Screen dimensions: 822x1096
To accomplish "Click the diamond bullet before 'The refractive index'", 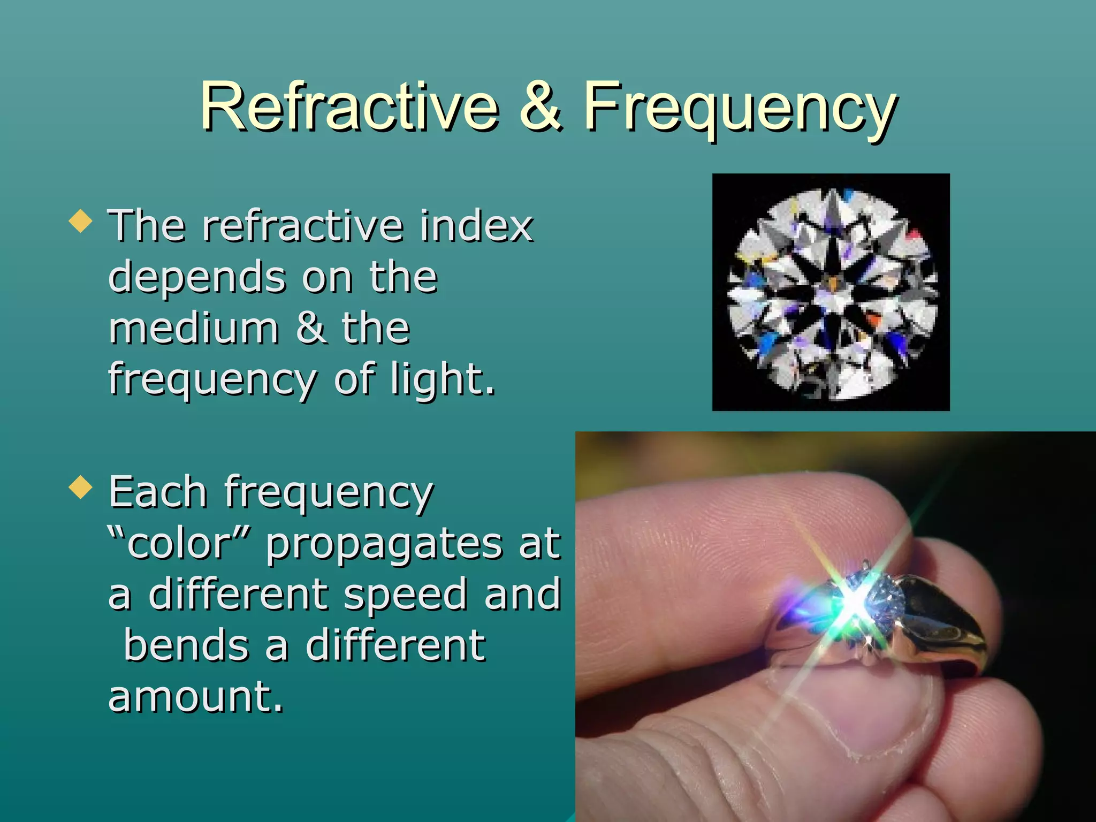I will coord(80,220).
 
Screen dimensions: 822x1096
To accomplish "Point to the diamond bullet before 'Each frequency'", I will coord(80,487).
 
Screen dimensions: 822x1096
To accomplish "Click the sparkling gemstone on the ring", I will coord(872,597).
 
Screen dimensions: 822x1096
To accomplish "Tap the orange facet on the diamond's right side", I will coord(873,320).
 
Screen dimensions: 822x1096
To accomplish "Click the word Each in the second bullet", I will coord(157,491).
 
